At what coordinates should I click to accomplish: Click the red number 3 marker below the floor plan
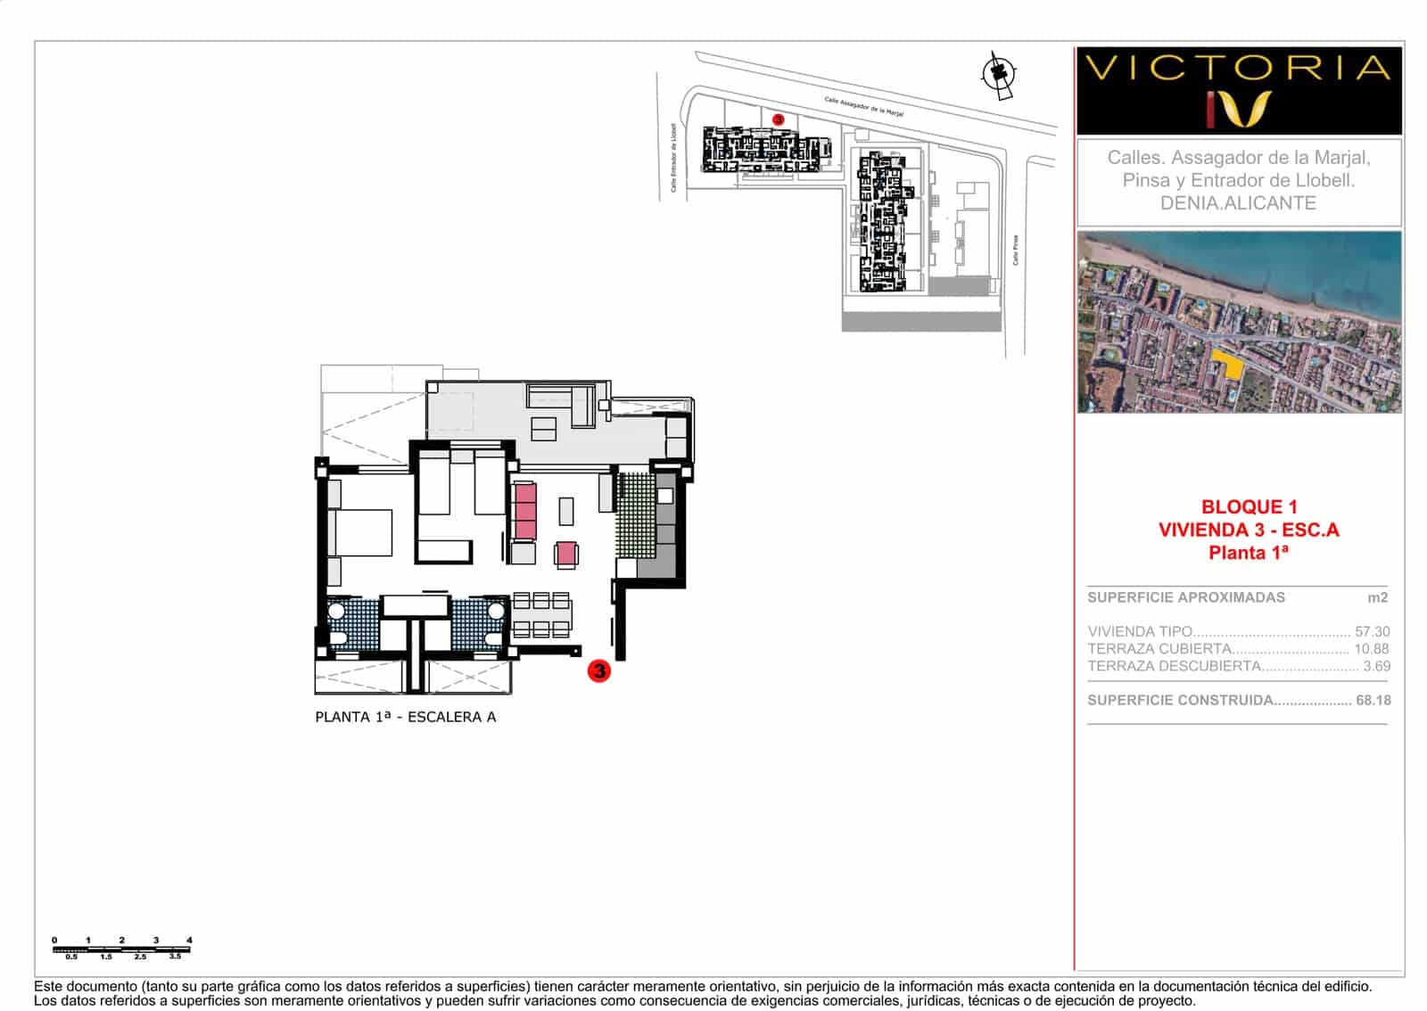[598, 670]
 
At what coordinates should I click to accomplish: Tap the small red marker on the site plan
[778, 119]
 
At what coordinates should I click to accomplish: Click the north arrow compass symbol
[999, 74]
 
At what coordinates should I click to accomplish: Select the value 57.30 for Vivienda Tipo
[1372, 631]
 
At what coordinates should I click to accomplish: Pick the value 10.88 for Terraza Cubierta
[1372, 649]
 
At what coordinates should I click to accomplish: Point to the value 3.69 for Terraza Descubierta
[1376, 666]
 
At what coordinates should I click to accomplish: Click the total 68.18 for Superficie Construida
[1373, 700]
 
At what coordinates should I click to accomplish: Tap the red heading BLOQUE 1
[1249, 506]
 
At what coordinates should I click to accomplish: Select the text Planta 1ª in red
[1249, 553]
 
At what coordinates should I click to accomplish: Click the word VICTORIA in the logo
[1239, 68]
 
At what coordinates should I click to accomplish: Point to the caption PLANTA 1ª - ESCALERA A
[405, 717]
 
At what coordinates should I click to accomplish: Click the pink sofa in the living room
[524, 511]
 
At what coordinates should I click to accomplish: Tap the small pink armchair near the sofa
[566, 555]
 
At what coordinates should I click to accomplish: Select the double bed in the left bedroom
[362, 532]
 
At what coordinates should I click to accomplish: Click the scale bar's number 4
[189, 940]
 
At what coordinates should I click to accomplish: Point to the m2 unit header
[1377, 597]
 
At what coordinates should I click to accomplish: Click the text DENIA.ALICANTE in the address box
[1238, 203]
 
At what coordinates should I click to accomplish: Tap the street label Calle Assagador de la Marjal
[863, 107]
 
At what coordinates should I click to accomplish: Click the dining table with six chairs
[542, 615]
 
